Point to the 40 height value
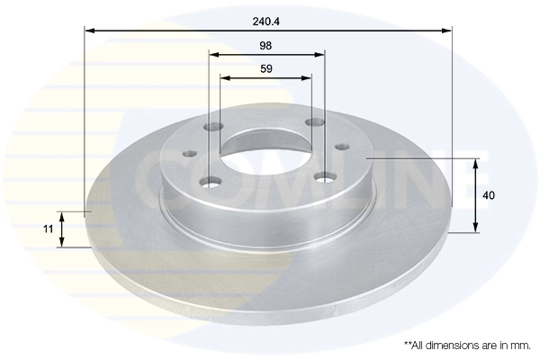tap(489, 194)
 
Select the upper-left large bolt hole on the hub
tap(212, 127)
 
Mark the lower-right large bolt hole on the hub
tap(325, 177)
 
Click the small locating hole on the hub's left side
tap(189, 154)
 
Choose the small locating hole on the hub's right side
tap(341, 144)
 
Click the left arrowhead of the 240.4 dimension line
tap(89, 31)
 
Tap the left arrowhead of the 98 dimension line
tap(214, 54)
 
